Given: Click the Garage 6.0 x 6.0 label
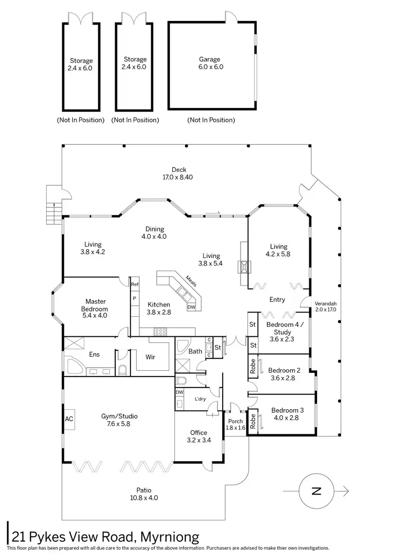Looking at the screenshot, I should click(210, 63).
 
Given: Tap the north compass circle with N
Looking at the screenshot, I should click(316, 491).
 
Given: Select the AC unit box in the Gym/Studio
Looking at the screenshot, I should click(69, 419).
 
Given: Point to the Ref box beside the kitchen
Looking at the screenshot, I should click(135, 284).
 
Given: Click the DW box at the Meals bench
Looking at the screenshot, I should click(191, 307).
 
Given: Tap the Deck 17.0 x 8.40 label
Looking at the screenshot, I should click(179, 173).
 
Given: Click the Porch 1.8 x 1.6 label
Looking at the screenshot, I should click(235, 424).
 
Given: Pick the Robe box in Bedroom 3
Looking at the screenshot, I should click(253, 422).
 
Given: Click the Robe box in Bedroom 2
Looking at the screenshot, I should click(253, 367).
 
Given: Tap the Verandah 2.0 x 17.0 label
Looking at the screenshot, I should click(325, 307).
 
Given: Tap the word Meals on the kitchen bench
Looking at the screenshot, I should click(190, 282).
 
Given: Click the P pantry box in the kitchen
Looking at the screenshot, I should click(135, 298).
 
